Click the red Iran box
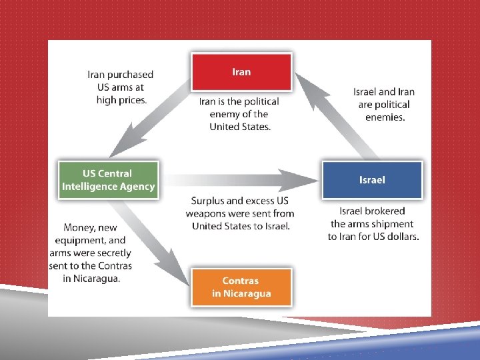241,72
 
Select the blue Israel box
372,179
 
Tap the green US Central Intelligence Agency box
108,180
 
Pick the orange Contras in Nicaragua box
241,287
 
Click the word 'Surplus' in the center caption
208,201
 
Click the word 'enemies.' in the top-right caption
385,117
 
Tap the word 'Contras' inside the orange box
241,281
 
